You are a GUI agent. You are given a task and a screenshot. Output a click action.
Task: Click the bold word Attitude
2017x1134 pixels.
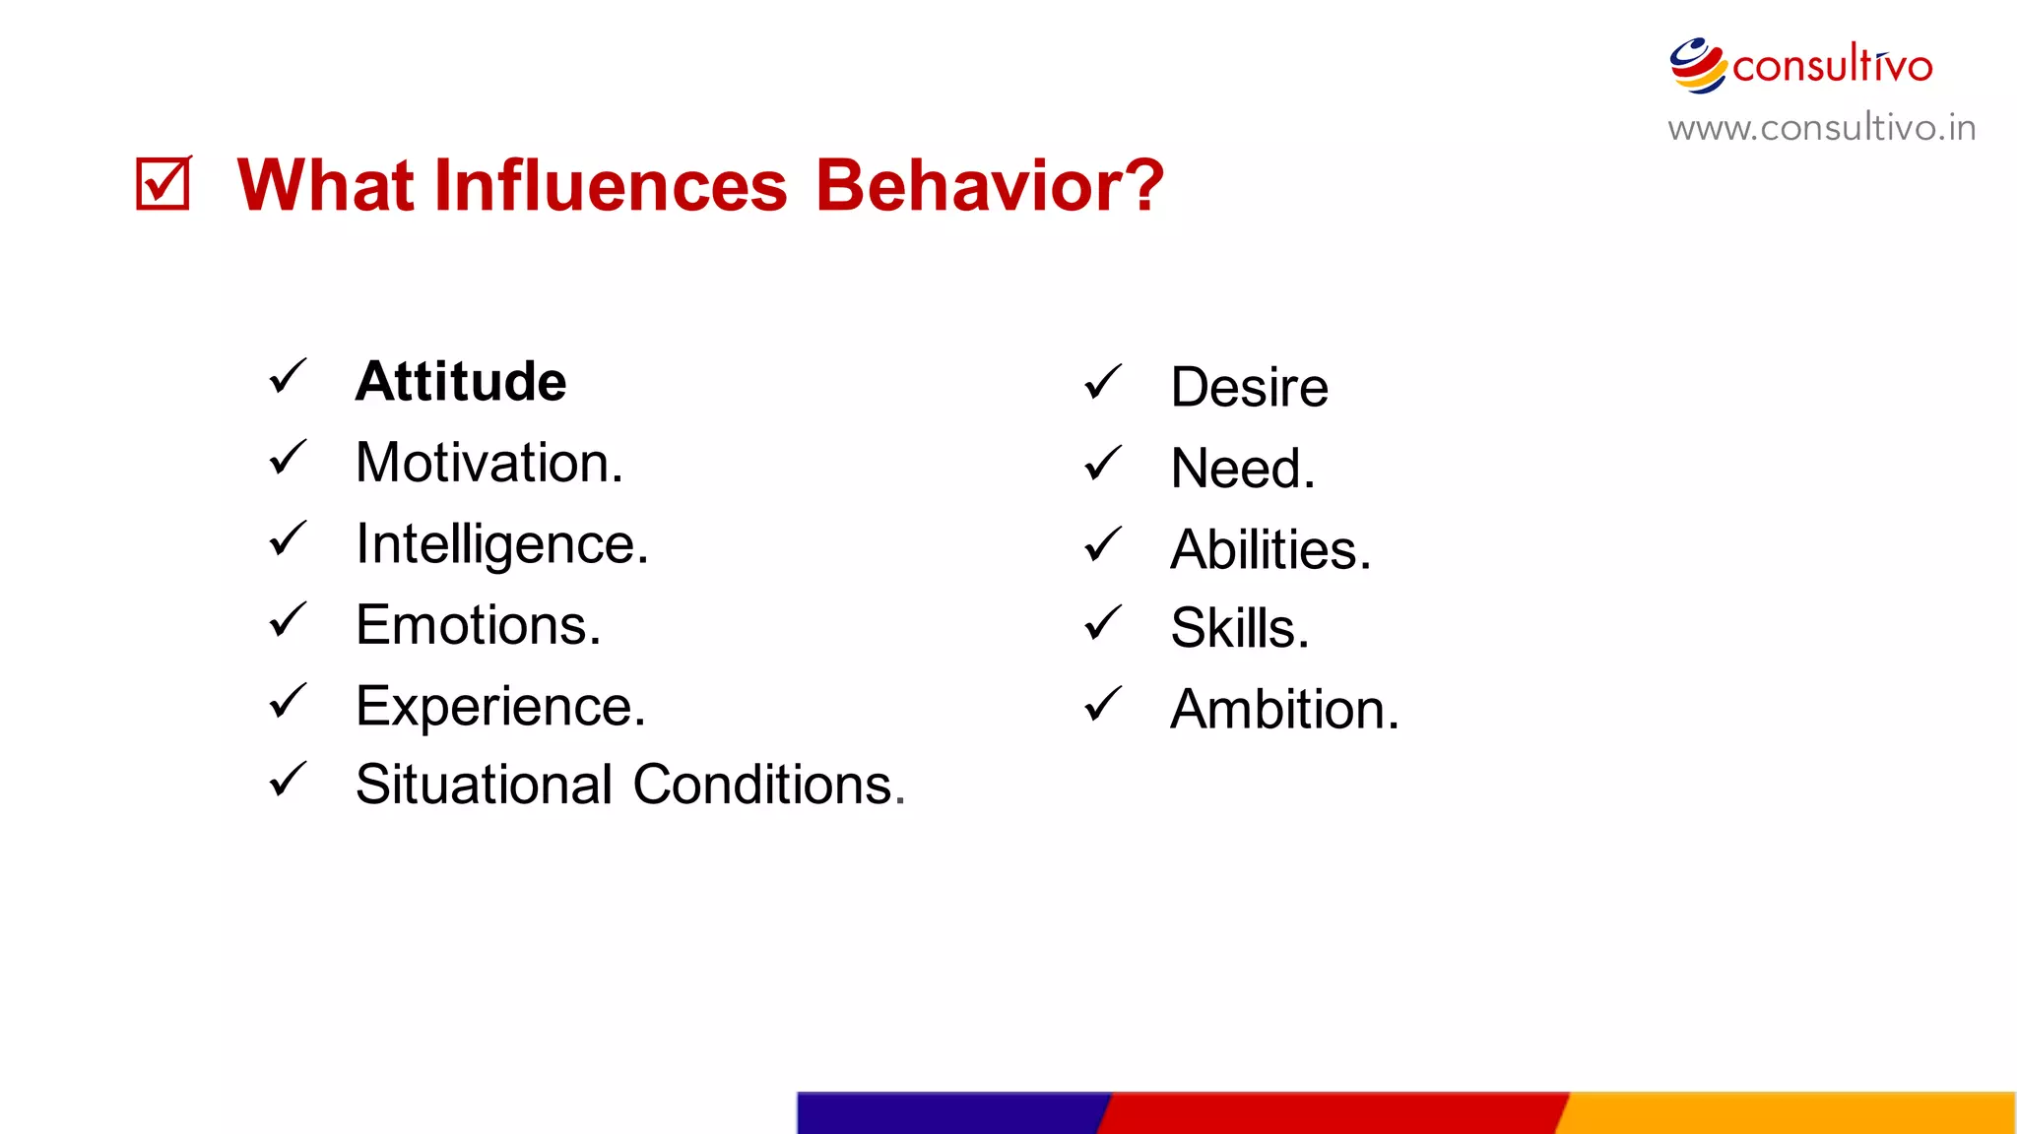click(460, 382)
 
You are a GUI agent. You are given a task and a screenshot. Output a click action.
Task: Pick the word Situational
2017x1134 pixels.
click(484, 785)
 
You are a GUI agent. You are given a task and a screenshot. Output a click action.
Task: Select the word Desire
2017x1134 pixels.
click(1249, 387)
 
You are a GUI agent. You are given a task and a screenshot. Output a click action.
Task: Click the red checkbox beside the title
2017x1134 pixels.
click(163, 183)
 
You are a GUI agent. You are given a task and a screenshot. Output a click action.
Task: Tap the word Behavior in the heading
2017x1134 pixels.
click(989, 185)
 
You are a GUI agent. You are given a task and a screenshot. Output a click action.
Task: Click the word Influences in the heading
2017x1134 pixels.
click(610, 185)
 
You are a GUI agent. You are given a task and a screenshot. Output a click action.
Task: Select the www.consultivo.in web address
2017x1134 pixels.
click(1821, 128)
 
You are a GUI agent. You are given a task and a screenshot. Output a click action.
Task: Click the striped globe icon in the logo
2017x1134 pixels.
click(1697, 65)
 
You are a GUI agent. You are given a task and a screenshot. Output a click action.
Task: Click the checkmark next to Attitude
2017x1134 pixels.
click(288, 376)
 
